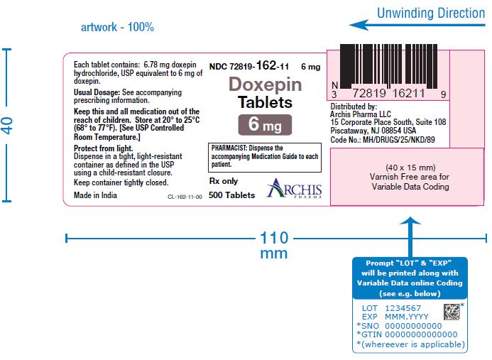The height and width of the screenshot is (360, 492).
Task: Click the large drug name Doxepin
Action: click(265, 84)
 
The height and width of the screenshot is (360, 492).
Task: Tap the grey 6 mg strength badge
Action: click(265, 125)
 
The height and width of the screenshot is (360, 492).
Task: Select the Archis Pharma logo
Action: click(295, 188)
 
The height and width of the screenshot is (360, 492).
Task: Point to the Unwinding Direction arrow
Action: click(417, 25)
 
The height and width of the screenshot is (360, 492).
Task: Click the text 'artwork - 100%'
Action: click(117, 27)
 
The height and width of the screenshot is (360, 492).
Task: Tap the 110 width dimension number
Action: click(274, 238)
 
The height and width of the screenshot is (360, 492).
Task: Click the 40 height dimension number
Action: click(8, 125)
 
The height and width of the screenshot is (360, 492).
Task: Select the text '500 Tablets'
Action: click(232, 195)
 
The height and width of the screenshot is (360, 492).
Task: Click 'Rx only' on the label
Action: click(224, 181)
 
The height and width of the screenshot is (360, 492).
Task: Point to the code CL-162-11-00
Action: click(185, 197)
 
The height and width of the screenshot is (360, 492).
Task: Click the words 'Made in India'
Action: click(95, 195)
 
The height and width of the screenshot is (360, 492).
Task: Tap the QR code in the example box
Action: click(452, 312)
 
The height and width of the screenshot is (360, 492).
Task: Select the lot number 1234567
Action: click(403, 308)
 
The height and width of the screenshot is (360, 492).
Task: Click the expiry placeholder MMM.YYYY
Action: click(406, 317)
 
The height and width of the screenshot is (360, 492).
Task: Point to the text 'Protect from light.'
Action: click(103, 148)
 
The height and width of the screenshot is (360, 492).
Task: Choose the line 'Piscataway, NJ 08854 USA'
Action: click(373, 130)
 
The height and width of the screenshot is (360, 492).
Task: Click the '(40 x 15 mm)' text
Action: click(410, 168)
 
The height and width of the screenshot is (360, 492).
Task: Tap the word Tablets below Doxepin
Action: click(265, 102)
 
